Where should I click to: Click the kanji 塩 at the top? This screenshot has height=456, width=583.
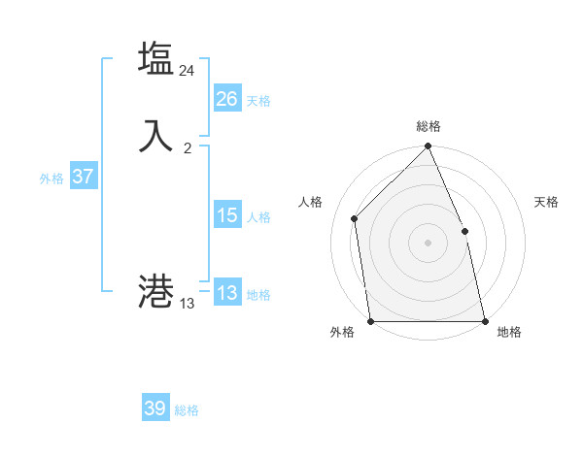155,58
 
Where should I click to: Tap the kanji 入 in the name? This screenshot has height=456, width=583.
155,135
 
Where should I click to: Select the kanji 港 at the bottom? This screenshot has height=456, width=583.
155,290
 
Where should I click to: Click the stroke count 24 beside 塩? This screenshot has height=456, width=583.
188,71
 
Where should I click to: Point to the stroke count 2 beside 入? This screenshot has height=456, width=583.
188,148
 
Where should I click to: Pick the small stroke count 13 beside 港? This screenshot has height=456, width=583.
188,304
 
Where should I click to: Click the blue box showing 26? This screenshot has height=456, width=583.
227,99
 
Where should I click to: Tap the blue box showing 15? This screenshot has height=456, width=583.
227,215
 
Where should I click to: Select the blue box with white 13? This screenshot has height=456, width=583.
227,293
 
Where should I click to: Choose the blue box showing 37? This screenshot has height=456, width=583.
84,177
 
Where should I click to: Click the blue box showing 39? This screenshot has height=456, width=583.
155,408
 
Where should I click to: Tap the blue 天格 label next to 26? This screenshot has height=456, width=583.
258,101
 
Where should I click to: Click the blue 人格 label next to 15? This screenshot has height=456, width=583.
258,217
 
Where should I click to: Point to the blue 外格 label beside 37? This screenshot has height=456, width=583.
51,179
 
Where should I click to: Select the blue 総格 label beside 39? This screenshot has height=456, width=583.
187,410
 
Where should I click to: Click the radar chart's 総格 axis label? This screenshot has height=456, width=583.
429,126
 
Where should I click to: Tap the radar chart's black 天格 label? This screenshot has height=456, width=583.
547,202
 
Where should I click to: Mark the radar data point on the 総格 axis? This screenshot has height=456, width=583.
429,147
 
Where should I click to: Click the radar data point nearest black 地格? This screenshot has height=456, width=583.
484,321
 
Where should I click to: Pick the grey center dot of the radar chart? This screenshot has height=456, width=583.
429,243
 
